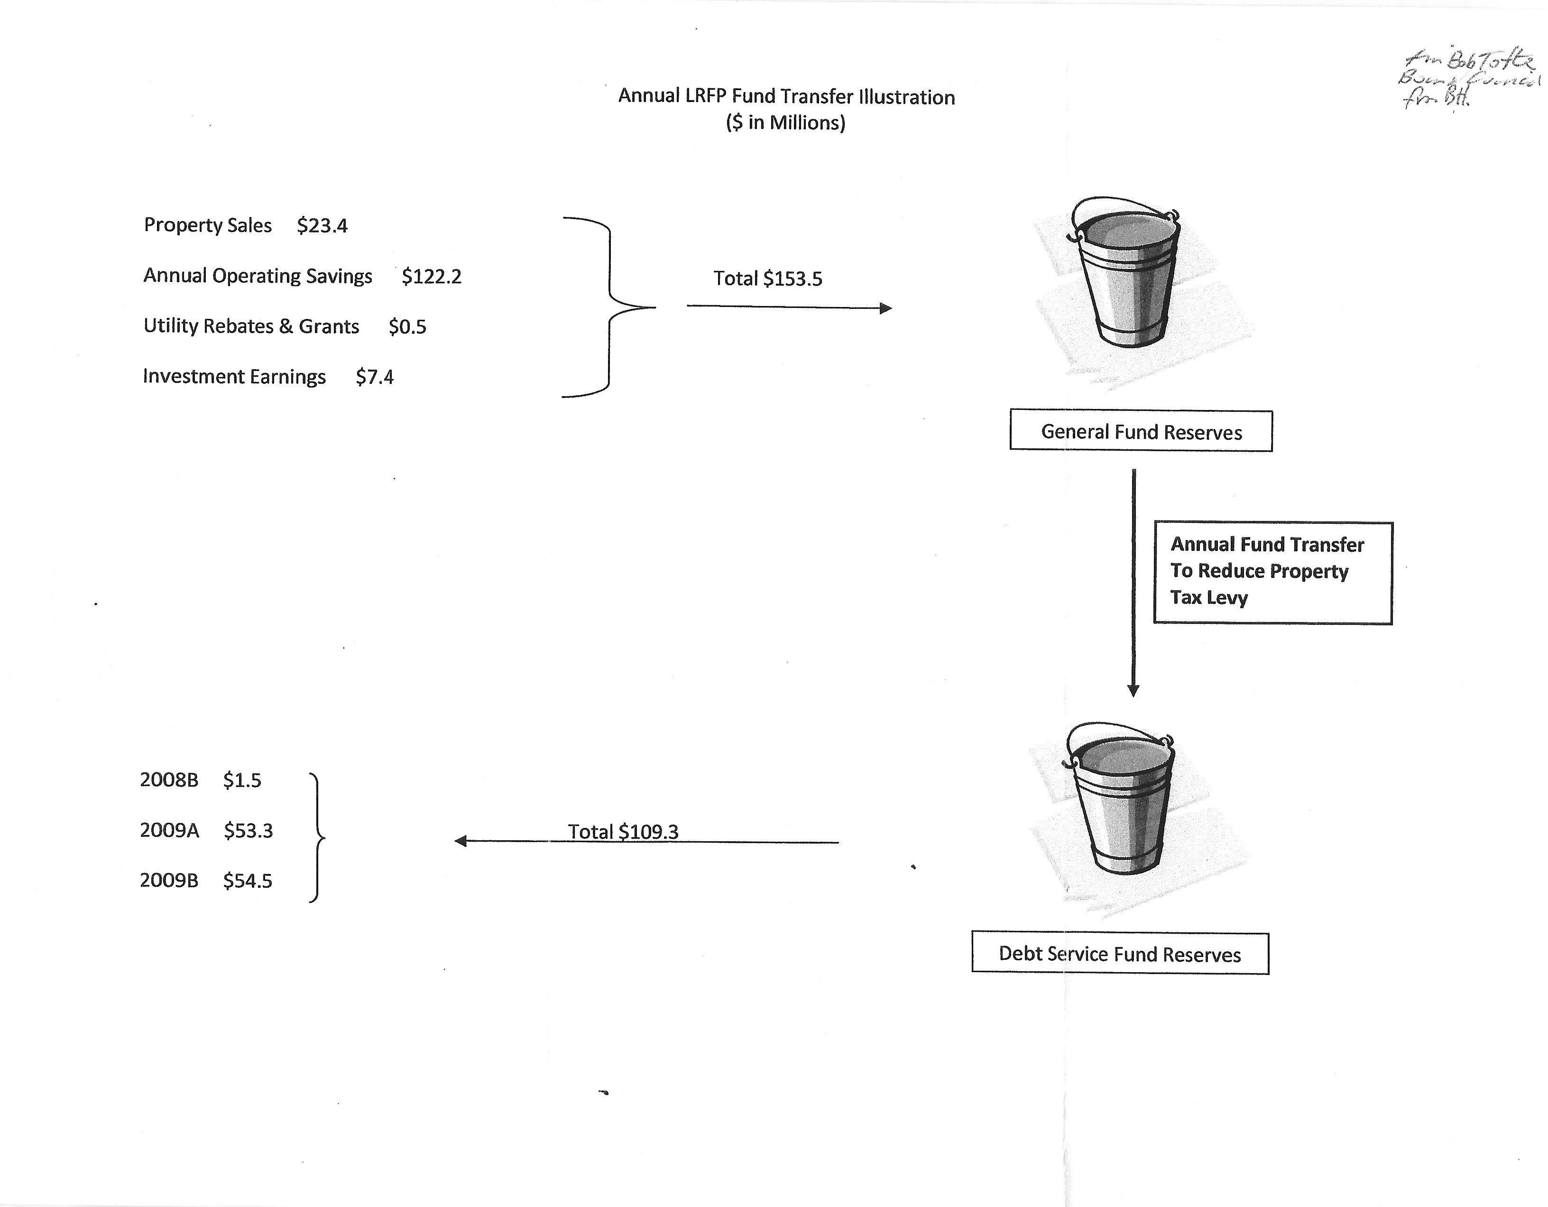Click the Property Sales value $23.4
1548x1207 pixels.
point(322,225)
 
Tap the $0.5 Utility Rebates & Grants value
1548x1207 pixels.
point(407,327)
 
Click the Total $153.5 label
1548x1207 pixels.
point(768,279)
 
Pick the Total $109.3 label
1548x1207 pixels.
point(623,831)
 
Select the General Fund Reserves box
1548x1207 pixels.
point(1141,431)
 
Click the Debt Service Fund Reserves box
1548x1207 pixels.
point(1120,953)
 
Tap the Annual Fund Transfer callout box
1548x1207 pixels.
point(1272,572)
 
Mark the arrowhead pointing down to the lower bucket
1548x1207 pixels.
point(1133,690)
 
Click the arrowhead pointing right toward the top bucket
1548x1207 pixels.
point(885,308)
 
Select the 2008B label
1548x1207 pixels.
point(169,780)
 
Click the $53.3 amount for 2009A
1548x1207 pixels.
point(248,830)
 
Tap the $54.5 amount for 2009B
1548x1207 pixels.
point(248,881)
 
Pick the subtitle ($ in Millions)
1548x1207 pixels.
point(785,123)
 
